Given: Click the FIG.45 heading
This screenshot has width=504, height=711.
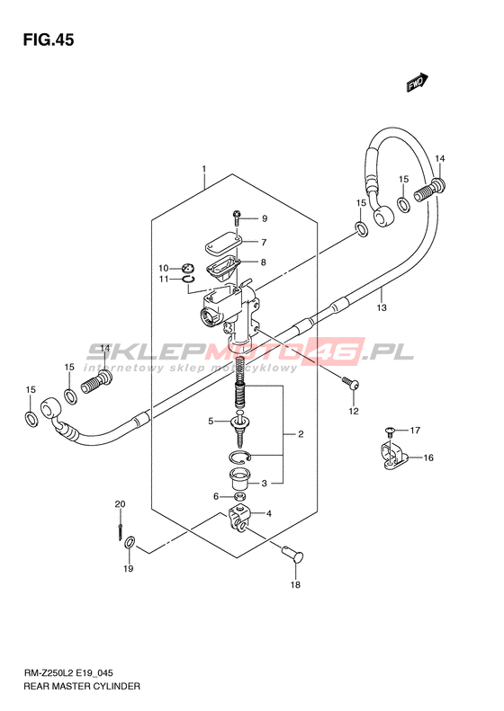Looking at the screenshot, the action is tap(48, 40).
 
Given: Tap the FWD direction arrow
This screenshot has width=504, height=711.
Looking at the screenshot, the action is tap(418, 83).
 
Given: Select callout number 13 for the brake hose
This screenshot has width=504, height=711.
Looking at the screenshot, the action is tap(382, 308).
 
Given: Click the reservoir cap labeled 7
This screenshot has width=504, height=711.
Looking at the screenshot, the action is tap(222, 243).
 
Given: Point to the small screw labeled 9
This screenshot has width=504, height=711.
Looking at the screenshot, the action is tap(237, 218).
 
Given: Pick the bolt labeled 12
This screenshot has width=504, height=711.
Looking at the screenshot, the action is tap(350, 384).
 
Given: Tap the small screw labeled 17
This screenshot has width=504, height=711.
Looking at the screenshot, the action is tap(390, 430).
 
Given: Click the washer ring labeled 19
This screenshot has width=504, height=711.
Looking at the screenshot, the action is tap(130, 541).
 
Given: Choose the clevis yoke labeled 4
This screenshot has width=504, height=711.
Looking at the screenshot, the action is tap(238, 519).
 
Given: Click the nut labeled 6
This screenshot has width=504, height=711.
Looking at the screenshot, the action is tap(241, 496).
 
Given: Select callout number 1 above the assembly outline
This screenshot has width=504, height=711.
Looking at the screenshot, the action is tap(204, 169).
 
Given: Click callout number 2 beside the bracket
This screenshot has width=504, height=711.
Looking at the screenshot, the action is tap(301, 434).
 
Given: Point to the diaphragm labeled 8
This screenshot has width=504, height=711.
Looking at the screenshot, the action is tap(222, 267).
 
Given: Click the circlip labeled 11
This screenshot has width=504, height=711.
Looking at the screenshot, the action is tap(189, 280).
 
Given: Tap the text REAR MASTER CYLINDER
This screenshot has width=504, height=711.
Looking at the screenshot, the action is tap(82, 686).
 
